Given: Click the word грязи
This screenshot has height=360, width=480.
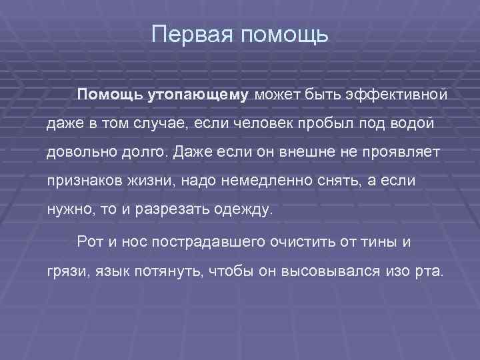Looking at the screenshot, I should pyautogui.click(x=64, y=273).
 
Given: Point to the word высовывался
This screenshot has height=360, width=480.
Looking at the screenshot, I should pyautogui.click(x=322, y=273).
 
